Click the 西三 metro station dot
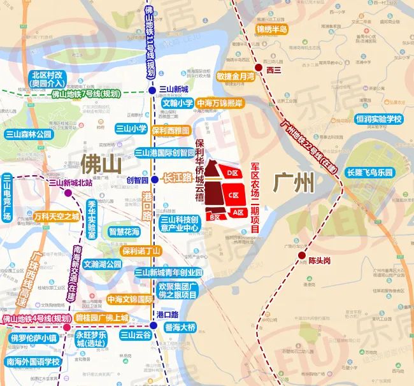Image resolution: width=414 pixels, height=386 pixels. [259, 68]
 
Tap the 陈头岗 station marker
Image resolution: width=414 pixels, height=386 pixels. [301, 255]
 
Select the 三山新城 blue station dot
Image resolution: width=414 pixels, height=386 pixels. [152, 90]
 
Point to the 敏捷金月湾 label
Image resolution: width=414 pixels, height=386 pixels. [235, 76]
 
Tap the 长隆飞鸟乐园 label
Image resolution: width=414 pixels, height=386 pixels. [371, 173]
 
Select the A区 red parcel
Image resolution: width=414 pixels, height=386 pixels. [238, 211]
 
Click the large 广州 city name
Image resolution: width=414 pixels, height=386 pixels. [294, 183]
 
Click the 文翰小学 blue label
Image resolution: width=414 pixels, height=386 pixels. [177, 103]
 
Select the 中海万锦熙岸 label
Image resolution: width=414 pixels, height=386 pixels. [219, 103]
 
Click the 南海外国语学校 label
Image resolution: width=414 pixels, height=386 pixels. [32, 362]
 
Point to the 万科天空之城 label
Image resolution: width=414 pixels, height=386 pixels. [57, 217]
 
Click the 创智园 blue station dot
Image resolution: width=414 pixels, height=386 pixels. [154, 180]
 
